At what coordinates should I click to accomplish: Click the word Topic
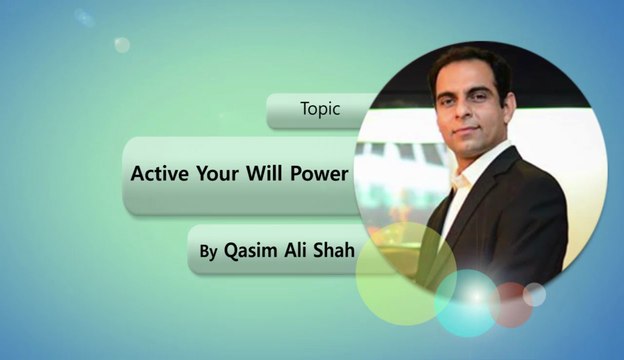coord(320,110)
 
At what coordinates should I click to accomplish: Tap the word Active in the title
coord(160,173)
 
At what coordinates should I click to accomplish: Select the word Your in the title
coord(218,173)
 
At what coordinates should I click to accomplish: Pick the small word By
coord(207,253)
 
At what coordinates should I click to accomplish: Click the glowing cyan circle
coord(467,303)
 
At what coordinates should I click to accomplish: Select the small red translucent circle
coord(512,304)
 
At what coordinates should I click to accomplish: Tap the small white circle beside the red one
coord(535,294)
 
